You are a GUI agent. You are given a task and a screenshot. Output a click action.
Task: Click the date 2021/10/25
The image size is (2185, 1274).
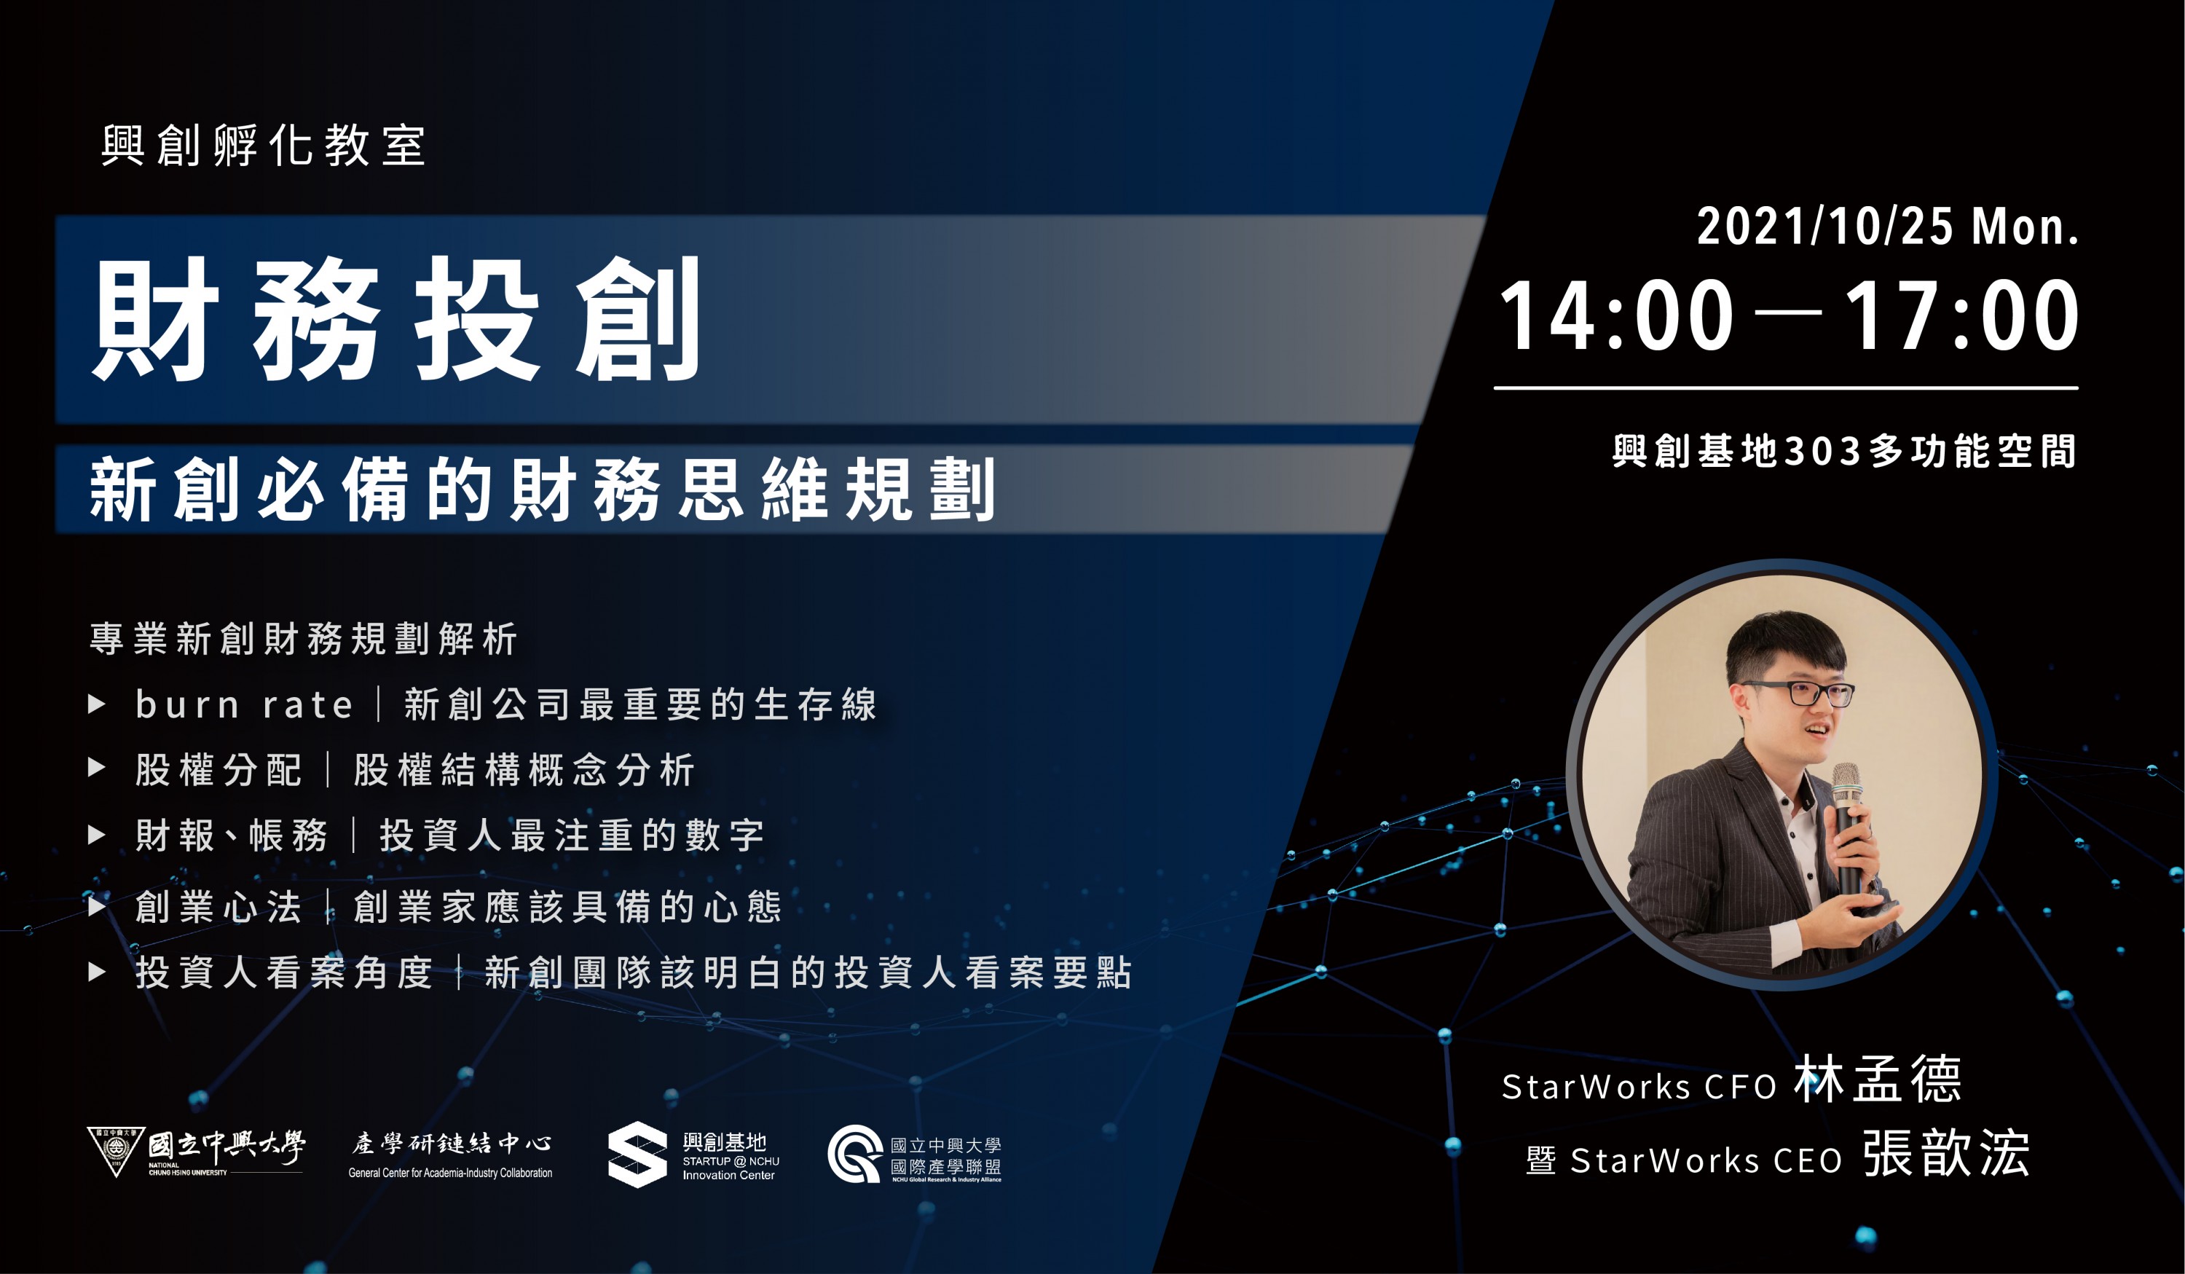tap(1825, 227)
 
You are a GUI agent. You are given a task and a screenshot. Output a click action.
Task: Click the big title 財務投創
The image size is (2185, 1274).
tap(396, 318)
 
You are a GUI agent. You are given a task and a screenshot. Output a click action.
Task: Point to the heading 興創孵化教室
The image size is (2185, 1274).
tap(263, 145)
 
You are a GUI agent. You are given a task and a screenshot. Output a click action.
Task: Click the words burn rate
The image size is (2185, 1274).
tap(245, 704)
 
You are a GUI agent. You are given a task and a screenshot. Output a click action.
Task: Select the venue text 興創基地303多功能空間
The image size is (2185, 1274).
tap(1844, 451)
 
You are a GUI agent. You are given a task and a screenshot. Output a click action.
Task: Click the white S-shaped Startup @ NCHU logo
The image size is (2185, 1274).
tap(637, 1155)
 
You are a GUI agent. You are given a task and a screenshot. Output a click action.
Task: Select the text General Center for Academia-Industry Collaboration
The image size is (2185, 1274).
tap(450, 1173)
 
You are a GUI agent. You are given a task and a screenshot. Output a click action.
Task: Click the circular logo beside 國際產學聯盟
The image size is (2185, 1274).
tap(855, 1154)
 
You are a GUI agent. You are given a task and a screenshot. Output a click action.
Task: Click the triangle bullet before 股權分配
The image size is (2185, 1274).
tap(97, 768)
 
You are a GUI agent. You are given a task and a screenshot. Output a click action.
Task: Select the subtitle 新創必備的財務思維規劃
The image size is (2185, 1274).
tap(542, 490)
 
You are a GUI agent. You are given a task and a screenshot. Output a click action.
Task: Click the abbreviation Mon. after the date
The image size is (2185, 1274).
tap(2025, 227)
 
